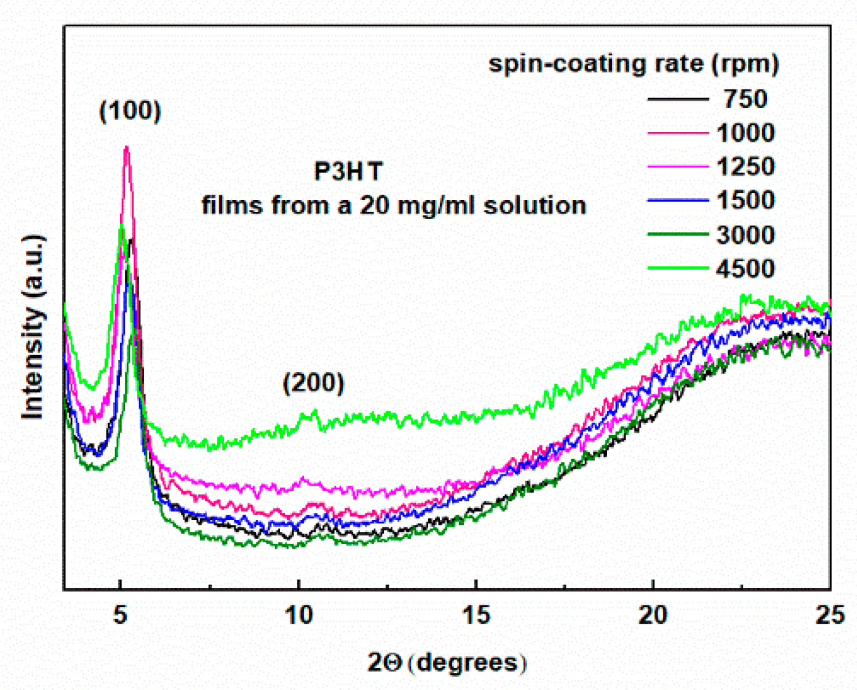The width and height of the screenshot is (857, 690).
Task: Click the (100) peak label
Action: [x=130, y=111]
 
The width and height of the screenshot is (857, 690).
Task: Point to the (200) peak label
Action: [x=313, y=382]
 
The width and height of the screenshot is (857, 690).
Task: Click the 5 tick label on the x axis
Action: [x=119, y=615]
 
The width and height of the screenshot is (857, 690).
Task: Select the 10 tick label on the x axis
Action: [x=298, y=615]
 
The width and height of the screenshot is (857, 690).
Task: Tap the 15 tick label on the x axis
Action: [x=476, y=615]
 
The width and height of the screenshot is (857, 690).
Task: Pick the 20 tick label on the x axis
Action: [x=653, y=615]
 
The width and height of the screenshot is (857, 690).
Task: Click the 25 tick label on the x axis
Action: [x=830, y=615]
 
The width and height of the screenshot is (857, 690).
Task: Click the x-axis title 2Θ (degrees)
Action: [x=446, y=662]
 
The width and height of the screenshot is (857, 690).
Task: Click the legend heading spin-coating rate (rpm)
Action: [x=633, y=64]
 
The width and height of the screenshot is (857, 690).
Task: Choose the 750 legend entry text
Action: [x=745, y=99]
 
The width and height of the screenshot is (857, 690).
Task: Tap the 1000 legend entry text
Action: [x=745, y=132]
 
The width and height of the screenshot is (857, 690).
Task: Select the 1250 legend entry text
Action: [x=745, y=166]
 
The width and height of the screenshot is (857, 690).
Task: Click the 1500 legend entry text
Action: [x=745, y=200]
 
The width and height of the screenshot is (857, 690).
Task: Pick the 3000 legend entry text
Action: [x=745, y=235]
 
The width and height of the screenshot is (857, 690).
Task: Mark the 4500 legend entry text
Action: [x=745, y=269]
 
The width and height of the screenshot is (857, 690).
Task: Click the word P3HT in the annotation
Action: [x=348, y=171]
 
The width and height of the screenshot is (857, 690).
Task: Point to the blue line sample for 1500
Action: [x=678, y=201]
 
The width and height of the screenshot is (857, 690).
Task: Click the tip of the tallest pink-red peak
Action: [x=127, y=147]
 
